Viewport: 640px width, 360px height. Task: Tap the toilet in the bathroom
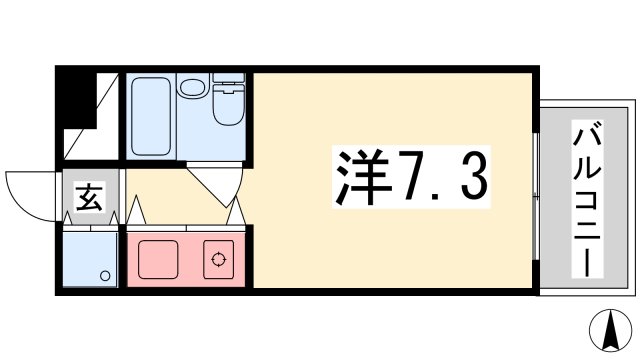[x=229, y=104]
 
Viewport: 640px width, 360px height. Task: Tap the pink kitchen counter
[x=186, y=259]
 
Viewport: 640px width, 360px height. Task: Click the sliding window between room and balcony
[x=538, y=180]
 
